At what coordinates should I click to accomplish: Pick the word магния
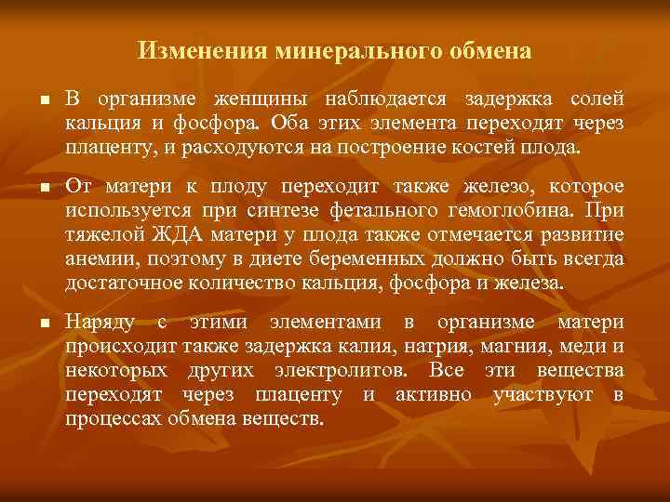504,347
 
